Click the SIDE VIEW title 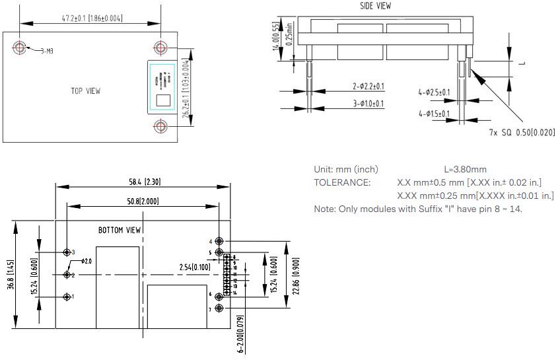[375, 6]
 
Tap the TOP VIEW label [86, 91]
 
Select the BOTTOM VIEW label [120, 231]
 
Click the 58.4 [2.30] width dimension [144, 182]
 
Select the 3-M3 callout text [47, 51]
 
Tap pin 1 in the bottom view [67, 297]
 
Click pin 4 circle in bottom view [219, 242]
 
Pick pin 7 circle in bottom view [219, 308]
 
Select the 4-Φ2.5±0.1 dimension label [433, 92]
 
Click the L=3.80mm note [465, 169]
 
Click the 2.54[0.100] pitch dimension [195, 267]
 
